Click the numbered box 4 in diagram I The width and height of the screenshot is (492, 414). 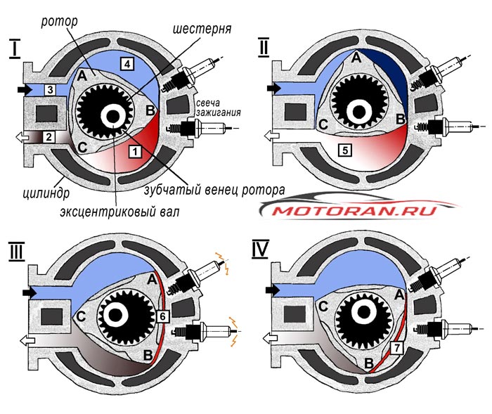127,64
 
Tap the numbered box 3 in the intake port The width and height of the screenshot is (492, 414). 50,90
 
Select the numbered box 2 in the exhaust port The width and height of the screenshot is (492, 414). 49,137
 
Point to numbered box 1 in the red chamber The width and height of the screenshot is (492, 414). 135,152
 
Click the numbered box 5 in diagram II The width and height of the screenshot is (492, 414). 345,150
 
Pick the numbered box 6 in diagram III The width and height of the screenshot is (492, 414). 162,316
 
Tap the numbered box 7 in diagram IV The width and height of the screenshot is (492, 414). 397,347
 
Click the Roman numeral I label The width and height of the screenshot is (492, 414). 14,49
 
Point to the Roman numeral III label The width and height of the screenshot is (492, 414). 16,252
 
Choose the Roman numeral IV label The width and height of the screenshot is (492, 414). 260,250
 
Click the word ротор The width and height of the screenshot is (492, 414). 59,22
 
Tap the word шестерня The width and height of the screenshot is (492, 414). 202,29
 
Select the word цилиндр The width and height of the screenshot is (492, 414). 46,193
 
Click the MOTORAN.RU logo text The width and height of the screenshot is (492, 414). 354,211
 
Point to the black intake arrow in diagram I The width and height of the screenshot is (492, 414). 25,90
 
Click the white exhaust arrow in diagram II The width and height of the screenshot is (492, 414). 271,136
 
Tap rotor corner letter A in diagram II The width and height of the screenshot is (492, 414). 356,58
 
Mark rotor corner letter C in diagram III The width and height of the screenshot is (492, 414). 81,317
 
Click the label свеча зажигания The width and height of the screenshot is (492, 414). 218,108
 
